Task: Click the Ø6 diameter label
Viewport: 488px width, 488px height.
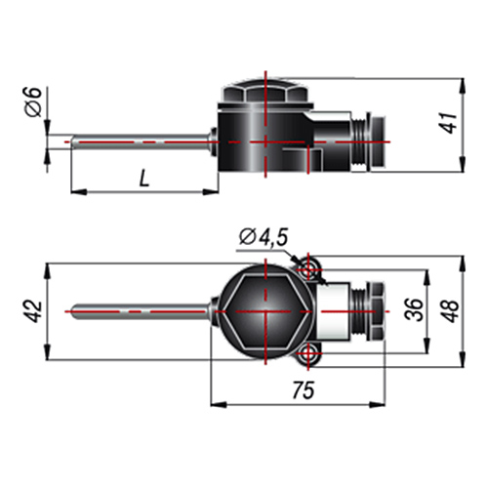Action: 33,102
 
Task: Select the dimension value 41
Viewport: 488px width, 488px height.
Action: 449,123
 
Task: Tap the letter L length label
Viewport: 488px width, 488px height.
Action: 143,179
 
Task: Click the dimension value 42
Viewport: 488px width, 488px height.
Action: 34,311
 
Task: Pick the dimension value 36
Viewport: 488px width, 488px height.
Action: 414,309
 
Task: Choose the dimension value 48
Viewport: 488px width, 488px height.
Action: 450,311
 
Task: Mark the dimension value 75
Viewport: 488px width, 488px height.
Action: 304,390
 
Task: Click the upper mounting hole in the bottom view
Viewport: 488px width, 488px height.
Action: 307,269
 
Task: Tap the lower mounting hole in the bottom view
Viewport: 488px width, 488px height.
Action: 307,353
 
